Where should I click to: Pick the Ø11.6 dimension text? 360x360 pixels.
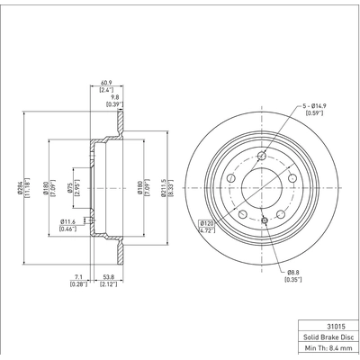[x=67, y=220]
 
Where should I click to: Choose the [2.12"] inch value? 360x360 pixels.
[x=108, y=285]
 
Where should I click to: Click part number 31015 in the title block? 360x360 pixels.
[x=326, y=316]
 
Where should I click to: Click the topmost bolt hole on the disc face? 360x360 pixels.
[x=262, y=157]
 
